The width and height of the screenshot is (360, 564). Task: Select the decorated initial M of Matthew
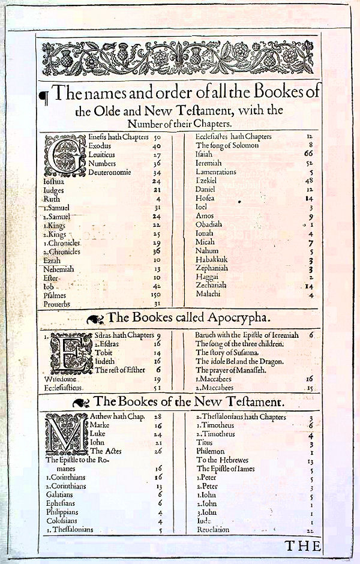click(x=65, y=434)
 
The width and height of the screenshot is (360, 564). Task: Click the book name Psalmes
click(x=55, y=296)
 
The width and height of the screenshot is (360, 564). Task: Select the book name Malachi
click(x=208, y=295)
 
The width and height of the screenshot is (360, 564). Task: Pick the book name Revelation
click(x=214, y=530)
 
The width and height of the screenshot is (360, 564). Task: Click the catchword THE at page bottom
click(x=302, y=545)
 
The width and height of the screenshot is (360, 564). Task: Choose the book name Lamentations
click(x=215, y=172)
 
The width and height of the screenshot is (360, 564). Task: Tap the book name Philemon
click(x=209, y=451)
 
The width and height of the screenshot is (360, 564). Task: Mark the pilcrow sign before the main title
click(x=43, y=94)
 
